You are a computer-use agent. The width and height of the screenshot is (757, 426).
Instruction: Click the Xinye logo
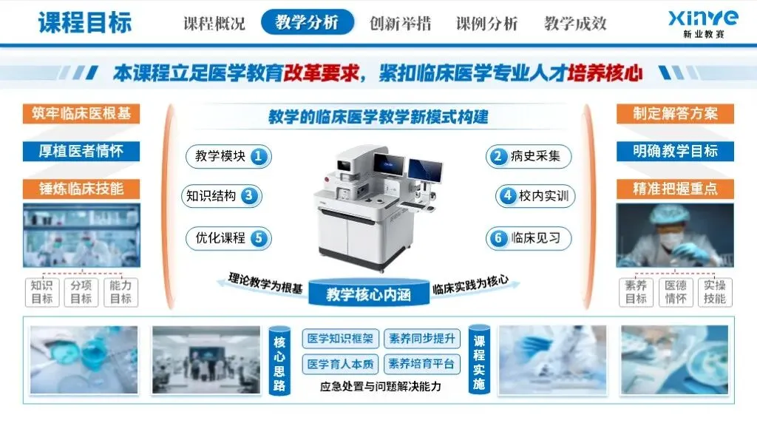704,24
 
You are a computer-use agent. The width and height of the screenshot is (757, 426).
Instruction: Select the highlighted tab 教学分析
308,22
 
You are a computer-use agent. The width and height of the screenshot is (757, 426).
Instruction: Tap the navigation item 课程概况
214,23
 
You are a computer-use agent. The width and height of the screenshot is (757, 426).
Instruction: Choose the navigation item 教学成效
575,23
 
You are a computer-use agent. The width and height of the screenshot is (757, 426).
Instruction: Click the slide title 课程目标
85,23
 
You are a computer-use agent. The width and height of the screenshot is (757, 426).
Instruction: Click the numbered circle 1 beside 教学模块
259,157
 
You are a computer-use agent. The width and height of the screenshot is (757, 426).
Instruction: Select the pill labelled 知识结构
222,196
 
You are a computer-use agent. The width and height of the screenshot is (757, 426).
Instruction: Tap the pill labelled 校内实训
535,196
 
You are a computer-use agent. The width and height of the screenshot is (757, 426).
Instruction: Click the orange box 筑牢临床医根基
81,114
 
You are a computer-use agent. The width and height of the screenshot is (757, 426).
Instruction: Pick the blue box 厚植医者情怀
81,151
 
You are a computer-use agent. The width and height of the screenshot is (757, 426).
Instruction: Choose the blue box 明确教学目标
675,151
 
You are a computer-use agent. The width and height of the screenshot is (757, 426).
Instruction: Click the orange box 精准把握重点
675,189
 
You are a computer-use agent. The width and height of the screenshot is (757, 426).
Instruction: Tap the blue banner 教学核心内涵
369,293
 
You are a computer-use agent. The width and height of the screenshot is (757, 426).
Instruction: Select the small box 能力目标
120,292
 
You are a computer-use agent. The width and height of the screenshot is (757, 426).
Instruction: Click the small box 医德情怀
676,292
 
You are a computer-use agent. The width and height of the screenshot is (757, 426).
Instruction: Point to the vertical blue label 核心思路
279,361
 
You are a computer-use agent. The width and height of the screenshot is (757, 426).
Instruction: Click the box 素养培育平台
421,364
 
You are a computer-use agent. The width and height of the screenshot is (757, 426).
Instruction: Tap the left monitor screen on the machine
389,164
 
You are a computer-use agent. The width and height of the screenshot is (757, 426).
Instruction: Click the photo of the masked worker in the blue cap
675,235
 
